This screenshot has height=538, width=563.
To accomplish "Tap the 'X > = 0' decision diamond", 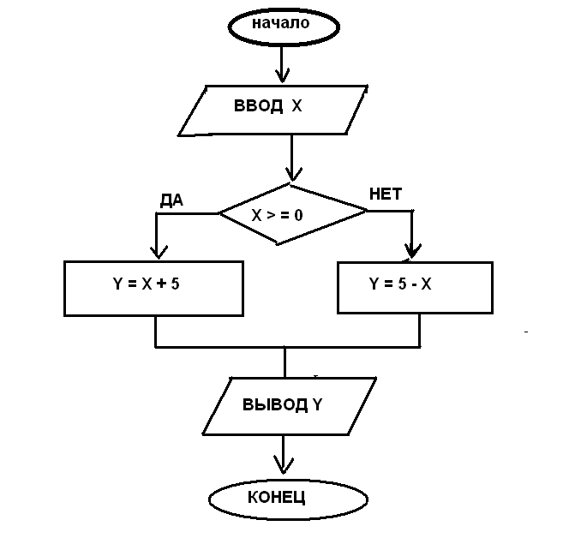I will coord(291,213).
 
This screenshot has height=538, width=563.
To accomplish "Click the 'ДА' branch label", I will coord(171,200).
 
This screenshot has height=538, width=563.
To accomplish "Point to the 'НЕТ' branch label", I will coord(385,193).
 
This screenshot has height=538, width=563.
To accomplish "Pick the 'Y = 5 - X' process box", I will coord(415,286).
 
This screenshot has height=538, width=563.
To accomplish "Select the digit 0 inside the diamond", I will coord(298,215).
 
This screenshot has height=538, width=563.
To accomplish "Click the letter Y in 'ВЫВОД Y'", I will coord(316,405).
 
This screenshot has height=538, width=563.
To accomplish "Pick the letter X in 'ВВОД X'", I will coord(296,108).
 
